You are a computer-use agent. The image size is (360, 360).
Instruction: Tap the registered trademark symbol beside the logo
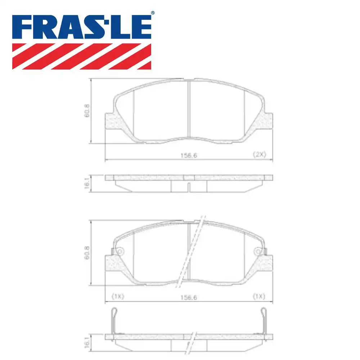coord(153,13)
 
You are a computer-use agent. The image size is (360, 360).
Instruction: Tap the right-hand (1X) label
coord(258,297)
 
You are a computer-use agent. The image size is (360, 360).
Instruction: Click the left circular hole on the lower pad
coord(120,251)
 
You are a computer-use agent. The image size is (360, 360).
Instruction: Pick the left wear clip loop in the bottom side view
coord(114,312)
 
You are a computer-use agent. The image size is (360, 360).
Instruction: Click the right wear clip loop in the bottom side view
coord(263,312)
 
